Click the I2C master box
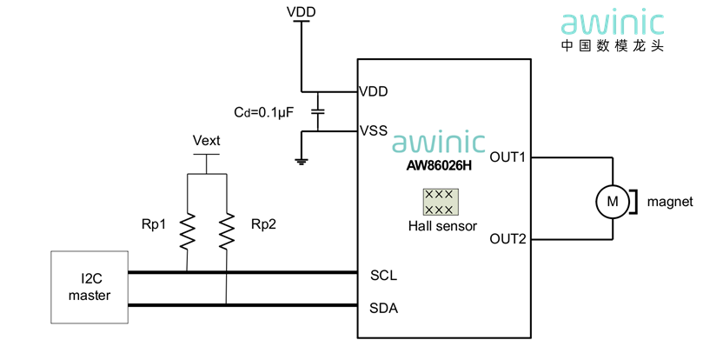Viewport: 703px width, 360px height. pyautogui.click(x=90, y=288)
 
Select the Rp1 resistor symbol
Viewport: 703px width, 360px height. pyautogui.click(x=187, y=230)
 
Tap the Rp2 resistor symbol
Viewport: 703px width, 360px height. pyautogui.click(x=226, y=230)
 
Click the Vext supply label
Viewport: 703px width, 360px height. pyautogui.click(x=206, y=141)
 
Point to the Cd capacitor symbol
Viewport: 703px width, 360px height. pyautogui.click(x=318, y=111)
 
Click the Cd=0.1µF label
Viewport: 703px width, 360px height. pyautogui.click(x=266, y=112)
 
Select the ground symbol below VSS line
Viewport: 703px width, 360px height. pyautogui.click(x=301, y=159)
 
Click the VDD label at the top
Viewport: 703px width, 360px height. pyautogui.click(x=301, y=12)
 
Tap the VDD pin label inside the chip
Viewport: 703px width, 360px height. pyautogui.click(x=375, y=90)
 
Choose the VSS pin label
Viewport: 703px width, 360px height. pyautogui.click(x=375, y=131)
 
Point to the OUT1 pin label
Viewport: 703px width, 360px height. pyautogui.click(x=508, y=157)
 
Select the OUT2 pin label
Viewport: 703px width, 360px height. pyautogui.click(x=508, y=238)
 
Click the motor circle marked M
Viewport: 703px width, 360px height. pyautogui.click(x=613, y=202)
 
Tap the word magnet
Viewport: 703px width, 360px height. pyautogui.click(x=670, y=202)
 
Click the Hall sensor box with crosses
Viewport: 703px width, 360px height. pyautogui.click(x=440, y=203)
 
